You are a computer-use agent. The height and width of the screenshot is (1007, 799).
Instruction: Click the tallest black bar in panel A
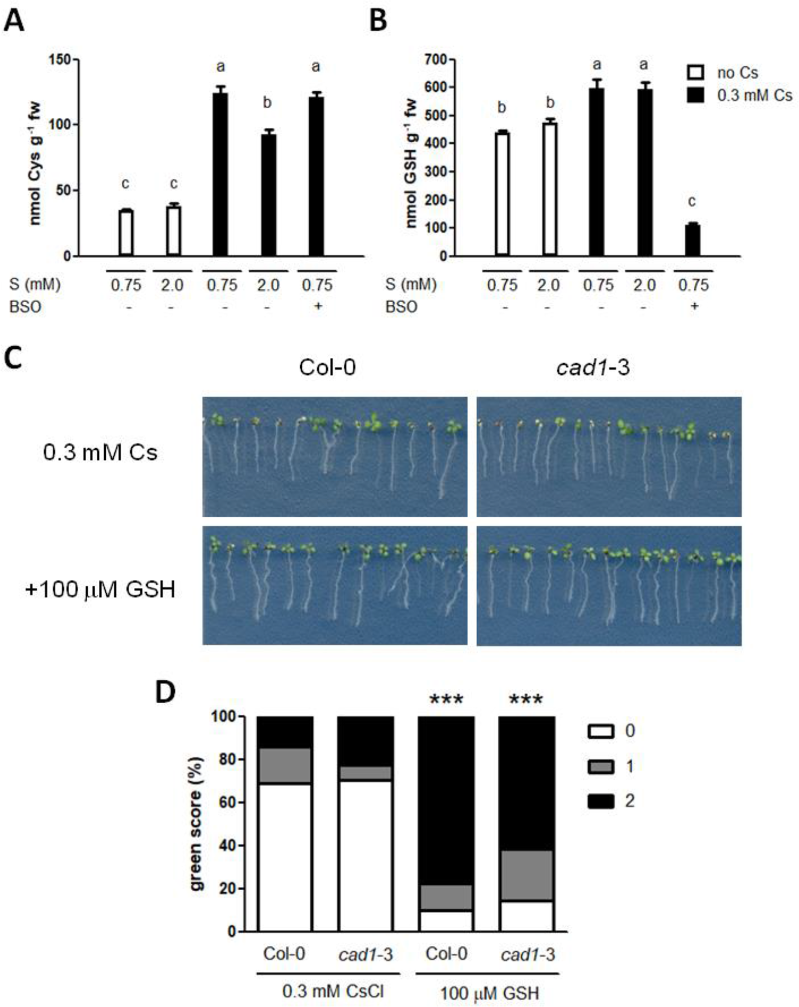point(220,173)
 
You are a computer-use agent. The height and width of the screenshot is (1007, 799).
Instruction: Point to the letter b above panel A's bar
point(267,103)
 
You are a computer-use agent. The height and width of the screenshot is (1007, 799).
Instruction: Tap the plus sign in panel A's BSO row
point(317,306)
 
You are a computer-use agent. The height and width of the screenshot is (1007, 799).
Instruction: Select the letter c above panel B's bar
point(692,202)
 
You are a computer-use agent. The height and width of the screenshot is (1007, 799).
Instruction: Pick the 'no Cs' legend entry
point(736,73)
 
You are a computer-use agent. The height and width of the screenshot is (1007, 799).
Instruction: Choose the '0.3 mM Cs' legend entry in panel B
point(754,95)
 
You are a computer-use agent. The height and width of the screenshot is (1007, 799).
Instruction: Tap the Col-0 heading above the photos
point(327,367)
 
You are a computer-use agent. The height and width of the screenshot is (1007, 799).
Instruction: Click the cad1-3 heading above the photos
point(592,367)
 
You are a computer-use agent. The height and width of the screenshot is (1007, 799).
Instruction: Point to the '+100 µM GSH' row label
point(100,589)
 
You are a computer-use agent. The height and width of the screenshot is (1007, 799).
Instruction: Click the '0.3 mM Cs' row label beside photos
point(100,453)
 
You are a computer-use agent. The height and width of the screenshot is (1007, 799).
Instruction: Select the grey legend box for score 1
point(600,766)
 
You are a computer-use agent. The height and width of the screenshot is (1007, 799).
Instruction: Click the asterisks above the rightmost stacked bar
point(526,699)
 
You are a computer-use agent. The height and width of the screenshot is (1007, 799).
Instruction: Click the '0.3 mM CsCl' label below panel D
point(333,991)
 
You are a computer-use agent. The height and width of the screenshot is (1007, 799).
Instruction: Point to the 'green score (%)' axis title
point(197,824)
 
